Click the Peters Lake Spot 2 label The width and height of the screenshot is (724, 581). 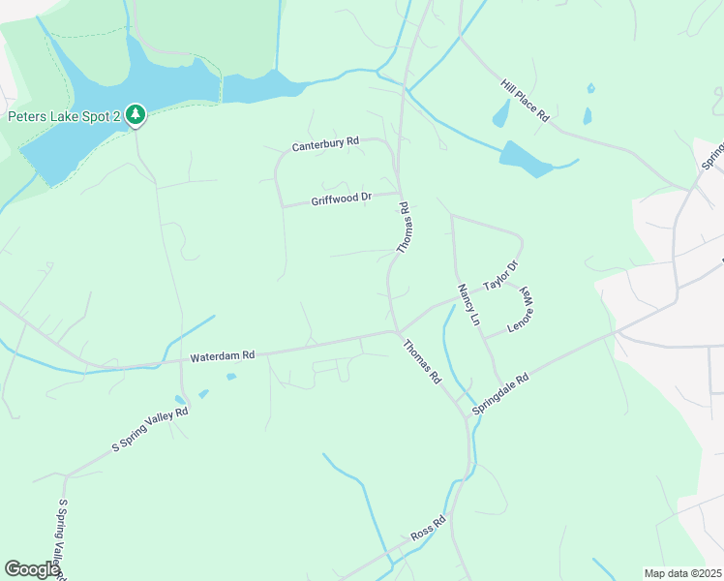point(64,117)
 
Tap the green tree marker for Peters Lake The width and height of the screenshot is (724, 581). point(136,116)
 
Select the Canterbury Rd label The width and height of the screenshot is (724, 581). point(325,144)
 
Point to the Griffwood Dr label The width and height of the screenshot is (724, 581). point(342,199)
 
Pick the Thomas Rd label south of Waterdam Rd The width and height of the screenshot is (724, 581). point(422,360)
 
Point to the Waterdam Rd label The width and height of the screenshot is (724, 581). point(222,356)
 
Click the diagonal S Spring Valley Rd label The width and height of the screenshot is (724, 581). point(149,429)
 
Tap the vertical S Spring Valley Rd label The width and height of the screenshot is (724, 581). point(60,537)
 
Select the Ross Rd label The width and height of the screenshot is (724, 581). point(427,529)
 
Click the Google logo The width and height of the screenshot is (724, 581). point(32,569)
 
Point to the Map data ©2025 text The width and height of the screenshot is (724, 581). point(681,573)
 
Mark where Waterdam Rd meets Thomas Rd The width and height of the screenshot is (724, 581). point(396,332)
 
